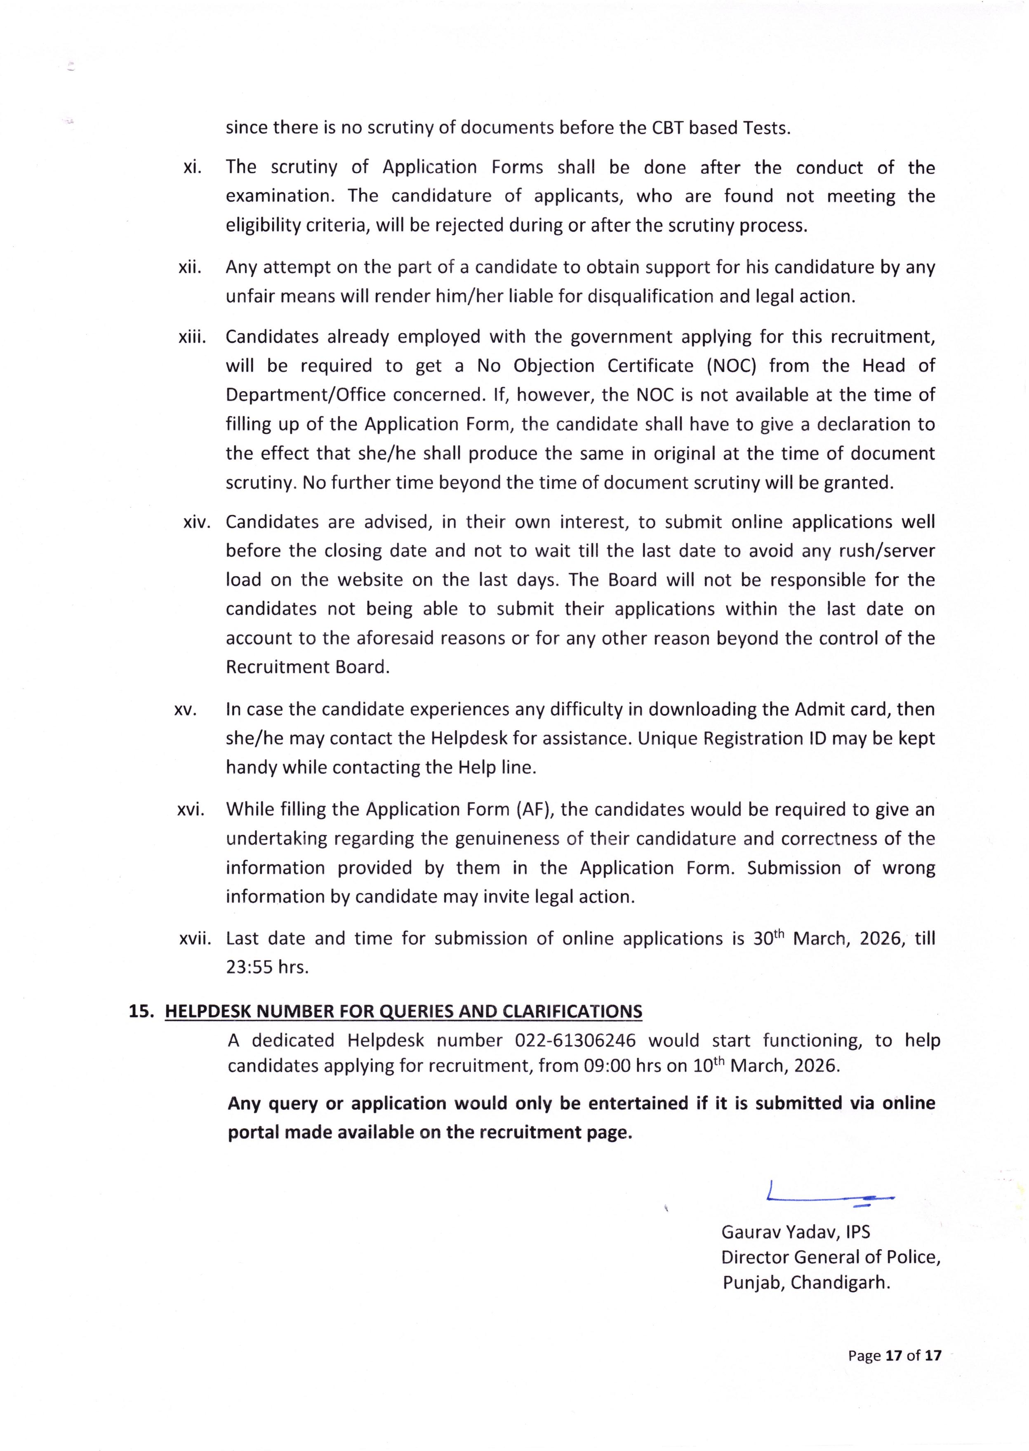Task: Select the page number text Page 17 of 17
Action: click(x=895, y=1355)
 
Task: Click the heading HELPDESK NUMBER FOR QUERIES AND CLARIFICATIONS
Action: click(x=403, y=1011)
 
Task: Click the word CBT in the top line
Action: click(x=668, y=128)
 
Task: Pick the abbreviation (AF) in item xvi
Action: click(x=535, y=809)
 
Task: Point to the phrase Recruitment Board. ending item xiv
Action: click(x=307, y=667)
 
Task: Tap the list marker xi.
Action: click(x=192, y=167)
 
